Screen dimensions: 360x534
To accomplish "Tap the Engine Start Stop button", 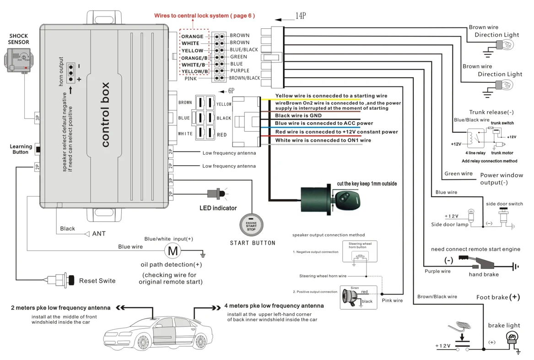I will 251,225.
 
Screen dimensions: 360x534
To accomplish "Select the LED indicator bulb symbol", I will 218,193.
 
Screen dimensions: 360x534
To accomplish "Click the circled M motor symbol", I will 173,250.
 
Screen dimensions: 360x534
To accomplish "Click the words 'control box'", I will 105,115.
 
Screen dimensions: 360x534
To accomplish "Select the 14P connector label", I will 300,16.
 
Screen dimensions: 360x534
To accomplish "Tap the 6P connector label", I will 231,91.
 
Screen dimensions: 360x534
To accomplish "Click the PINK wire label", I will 191,79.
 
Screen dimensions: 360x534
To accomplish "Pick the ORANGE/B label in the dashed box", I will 194,58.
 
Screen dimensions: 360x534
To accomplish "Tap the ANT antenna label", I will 99,234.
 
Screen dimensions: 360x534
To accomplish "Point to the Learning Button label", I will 21,149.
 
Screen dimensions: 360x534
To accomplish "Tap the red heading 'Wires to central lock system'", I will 204,16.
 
